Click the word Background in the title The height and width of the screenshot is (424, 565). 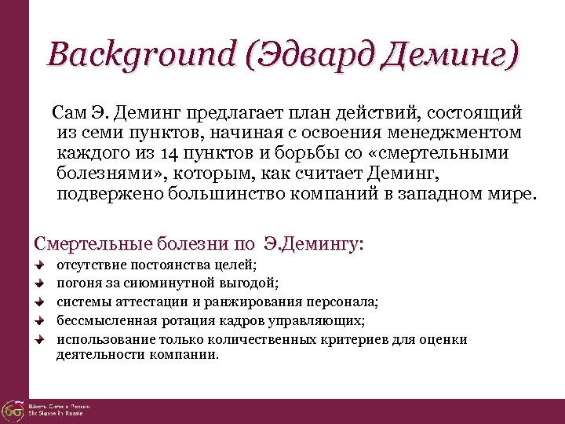(139, 56)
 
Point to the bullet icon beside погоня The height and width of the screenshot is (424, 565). (39, 284)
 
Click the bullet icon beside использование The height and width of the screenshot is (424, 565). (39, 339)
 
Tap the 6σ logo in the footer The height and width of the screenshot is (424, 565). (12, 410)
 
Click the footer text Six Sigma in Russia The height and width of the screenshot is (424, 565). (59, 413)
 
